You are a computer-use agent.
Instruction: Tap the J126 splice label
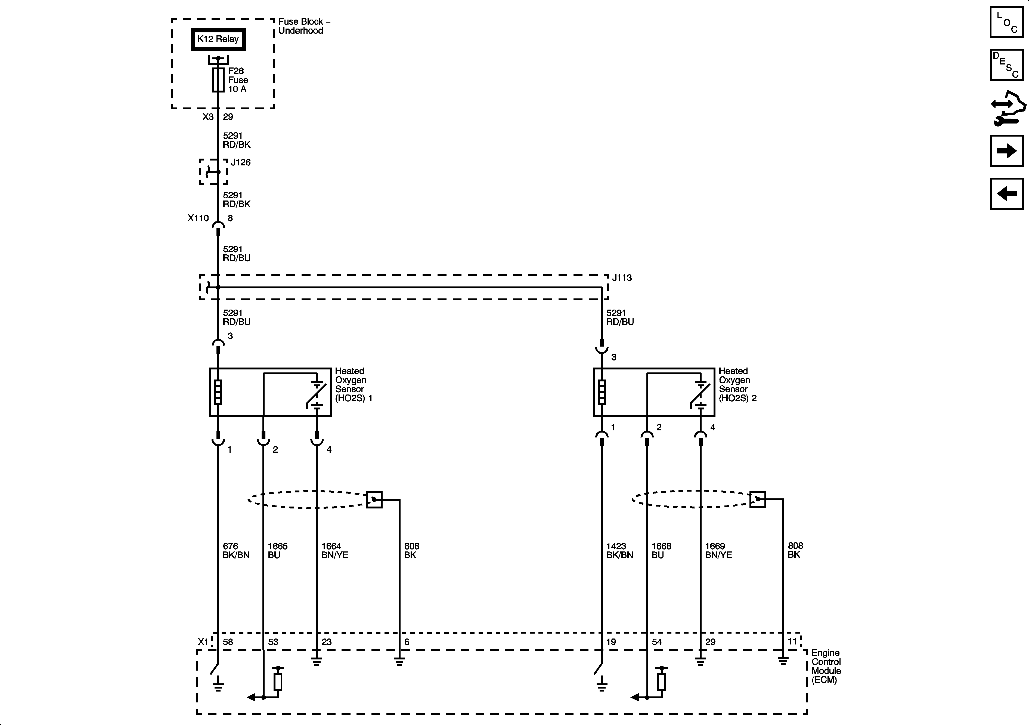241,162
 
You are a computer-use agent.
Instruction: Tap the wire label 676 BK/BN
236,551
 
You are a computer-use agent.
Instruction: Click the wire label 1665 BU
277,551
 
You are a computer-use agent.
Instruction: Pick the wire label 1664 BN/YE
334,551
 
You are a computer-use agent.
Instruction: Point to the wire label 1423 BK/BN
619,551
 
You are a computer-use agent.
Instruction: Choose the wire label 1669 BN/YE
718,551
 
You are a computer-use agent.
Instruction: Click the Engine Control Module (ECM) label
826,666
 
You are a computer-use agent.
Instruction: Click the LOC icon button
1007,22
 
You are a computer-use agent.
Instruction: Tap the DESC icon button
1007,65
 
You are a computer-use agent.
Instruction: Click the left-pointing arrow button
1007,194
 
